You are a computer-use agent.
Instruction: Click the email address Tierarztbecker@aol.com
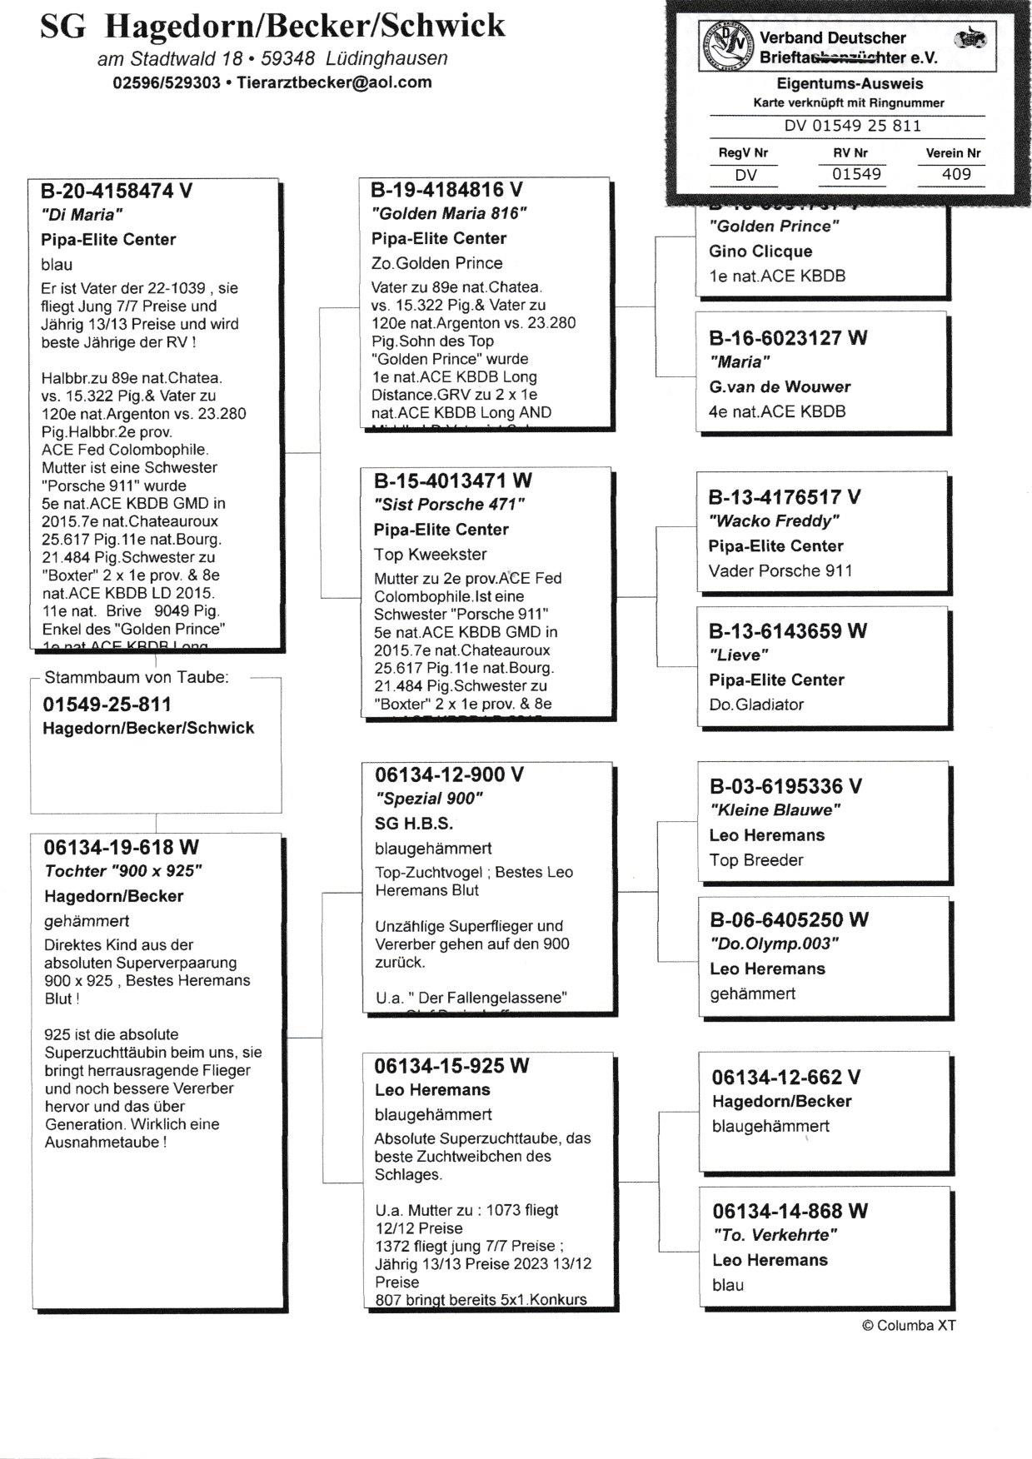334,82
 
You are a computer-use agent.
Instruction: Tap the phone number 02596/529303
167,82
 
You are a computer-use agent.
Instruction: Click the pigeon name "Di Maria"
82,215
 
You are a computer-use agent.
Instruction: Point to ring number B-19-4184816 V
447,190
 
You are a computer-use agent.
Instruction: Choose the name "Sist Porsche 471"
449,505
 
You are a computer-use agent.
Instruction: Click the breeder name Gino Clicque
760,251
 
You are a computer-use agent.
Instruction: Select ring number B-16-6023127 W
788,338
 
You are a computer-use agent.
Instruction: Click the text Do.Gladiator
756,705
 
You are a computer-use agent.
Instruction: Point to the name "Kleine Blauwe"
775,810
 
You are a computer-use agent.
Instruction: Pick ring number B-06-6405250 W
789,920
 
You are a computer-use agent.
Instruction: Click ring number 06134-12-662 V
786,1078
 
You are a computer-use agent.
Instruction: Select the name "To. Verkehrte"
775,1235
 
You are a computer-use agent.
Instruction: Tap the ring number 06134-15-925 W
451,1066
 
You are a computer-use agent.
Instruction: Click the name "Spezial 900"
429,799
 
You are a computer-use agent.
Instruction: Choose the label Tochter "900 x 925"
123,871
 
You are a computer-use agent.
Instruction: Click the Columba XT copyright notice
909,1325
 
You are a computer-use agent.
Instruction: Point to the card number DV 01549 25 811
852,126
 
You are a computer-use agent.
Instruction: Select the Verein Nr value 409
955,174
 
